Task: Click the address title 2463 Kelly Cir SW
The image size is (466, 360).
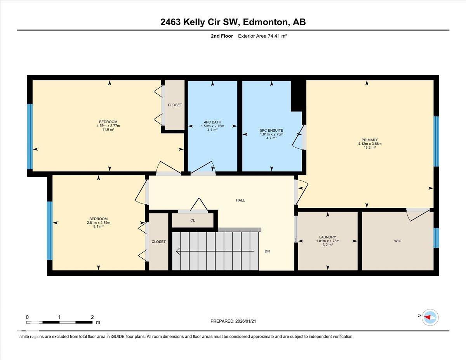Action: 233,22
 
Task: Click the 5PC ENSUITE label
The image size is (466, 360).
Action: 271,130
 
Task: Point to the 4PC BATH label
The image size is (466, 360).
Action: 212,122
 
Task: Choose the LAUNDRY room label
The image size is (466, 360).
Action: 327,237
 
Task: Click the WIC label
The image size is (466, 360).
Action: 397,241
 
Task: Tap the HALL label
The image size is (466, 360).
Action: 240,200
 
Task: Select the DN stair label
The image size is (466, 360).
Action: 267,251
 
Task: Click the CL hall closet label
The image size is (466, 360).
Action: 193,221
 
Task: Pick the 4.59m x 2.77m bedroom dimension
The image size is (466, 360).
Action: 108,126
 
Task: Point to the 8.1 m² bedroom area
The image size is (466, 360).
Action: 98,226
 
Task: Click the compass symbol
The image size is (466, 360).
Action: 430,317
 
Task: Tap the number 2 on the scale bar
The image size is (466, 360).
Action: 92,317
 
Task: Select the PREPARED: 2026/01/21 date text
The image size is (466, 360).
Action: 233,321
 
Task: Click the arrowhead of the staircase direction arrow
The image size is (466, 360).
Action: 178,251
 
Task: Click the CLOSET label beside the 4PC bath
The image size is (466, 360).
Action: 175,105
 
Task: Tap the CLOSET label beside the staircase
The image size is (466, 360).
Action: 158,242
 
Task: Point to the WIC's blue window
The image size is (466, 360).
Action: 436,238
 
